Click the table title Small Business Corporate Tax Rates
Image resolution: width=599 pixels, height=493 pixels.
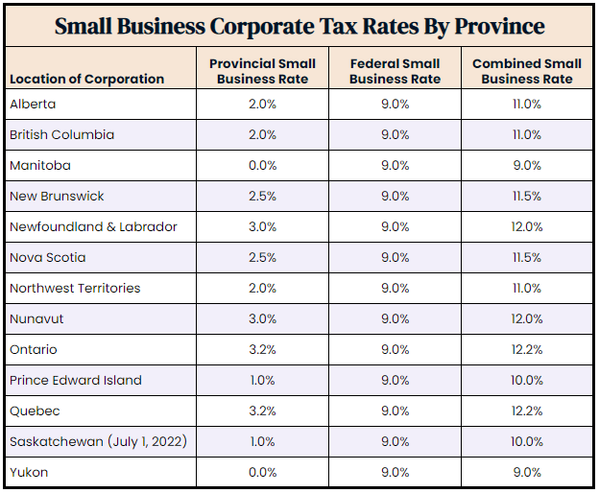coord(299,26)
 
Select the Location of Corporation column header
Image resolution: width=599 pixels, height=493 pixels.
coord(86,79)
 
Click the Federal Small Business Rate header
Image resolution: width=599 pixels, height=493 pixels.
coord(394,71)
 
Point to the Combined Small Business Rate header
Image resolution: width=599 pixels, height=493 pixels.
coord(526,71)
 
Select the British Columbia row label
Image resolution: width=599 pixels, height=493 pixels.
coord(61,134)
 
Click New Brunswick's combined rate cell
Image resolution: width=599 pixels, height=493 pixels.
coord(526,196)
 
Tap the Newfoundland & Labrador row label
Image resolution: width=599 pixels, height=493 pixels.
coord(93,226)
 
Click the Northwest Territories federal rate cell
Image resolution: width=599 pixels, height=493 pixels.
coord(394,288)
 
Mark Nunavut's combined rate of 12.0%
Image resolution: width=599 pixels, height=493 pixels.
coord(526,318)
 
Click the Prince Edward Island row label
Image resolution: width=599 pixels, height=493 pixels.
coord(75,380)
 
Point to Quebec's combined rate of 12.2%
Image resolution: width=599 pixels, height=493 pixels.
coord(526,411)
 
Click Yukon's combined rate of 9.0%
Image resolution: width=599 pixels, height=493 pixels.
coord(526,472)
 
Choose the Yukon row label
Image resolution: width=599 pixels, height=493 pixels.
coord(28,472)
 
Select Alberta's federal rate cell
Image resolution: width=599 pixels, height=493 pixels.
coord(394,104)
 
